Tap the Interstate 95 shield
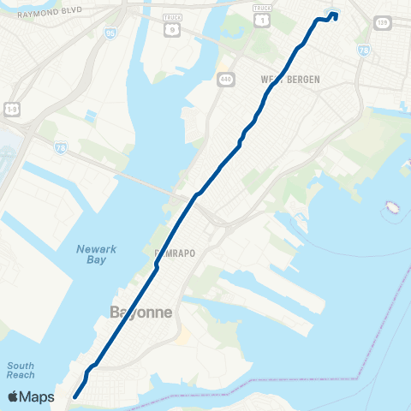tap(110, 33)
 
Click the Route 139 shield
tap(381, 23)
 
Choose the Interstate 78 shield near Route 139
tap(365, 51)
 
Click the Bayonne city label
tap(142, 313)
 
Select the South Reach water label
tap(21, 370)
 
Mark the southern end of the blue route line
tap(75, 396)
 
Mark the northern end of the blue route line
tap(335, 13)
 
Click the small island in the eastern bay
tap(393, 207)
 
